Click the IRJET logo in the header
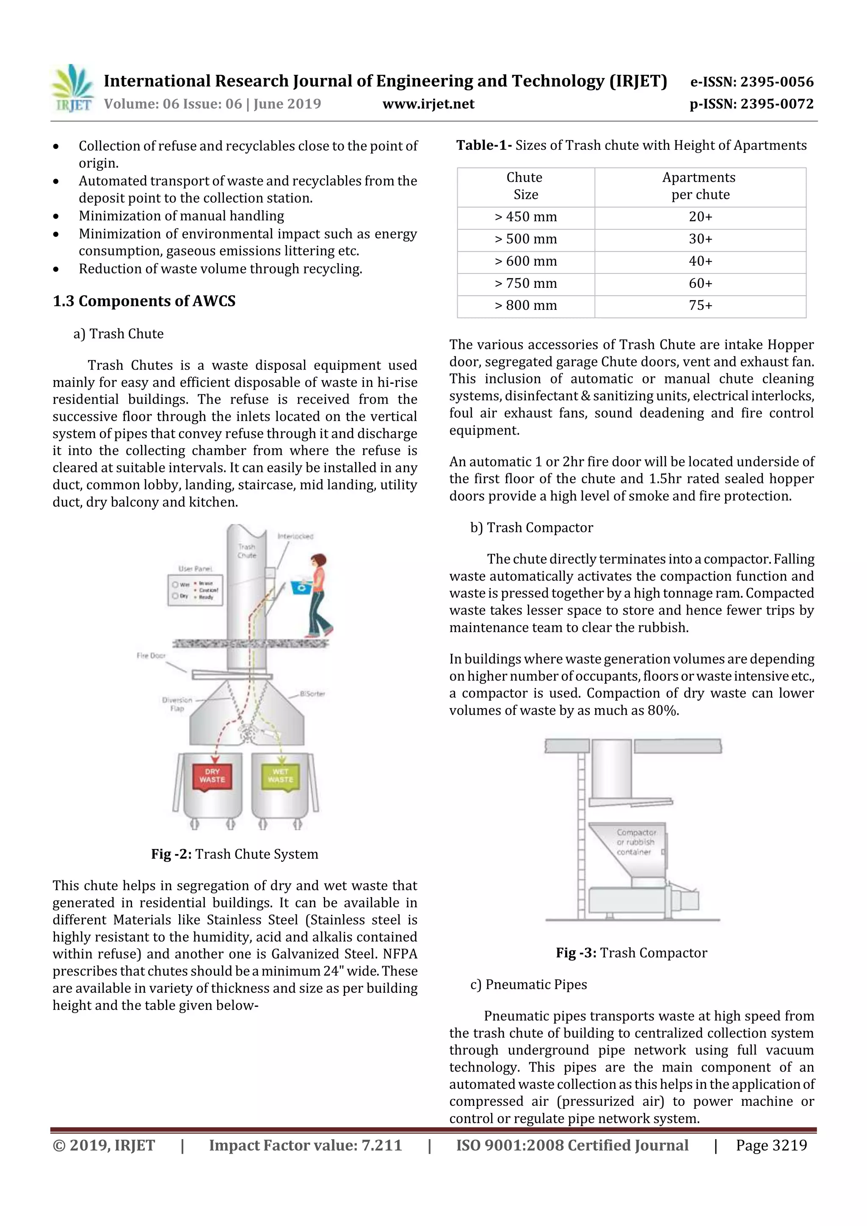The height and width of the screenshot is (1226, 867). coord(72,88)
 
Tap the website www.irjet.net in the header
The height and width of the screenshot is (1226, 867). coord(428,104)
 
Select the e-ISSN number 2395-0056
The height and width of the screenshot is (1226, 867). coord(751,82)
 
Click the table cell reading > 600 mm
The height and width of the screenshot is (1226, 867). coord(526,262)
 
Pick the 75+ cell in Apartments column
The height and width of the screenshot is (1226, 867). coord(700,306)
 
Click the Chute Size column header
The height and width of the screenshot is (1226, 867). coord(526,186)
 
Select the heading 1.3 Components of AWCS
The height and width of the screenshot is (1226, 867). coord(144,301)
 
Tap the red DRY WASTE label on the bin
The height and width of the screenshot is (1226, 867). coord(212,776)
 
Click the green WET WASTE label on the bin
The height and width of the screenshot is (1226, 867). coord(280,776)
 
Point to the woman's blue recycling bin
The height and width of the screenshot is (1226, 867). coord(301,587)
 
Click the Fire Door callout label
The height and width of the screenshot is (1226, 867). coord(151,656)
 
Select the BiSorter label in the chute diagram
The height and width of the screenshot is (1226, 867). coord(312,694)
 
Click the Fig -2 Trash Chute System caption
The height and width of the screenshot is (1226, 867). coord(235,854)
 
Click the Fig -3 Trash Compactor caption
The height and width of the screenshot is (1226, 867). coord(632,953)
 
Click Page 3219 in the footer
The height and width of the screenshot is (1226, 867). coord(771,1145)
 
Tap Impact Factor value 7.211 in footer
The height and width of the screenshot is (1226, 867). coord(305,1145)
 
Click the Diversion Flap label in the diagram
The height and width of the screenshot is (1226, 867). coord(177,704)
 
